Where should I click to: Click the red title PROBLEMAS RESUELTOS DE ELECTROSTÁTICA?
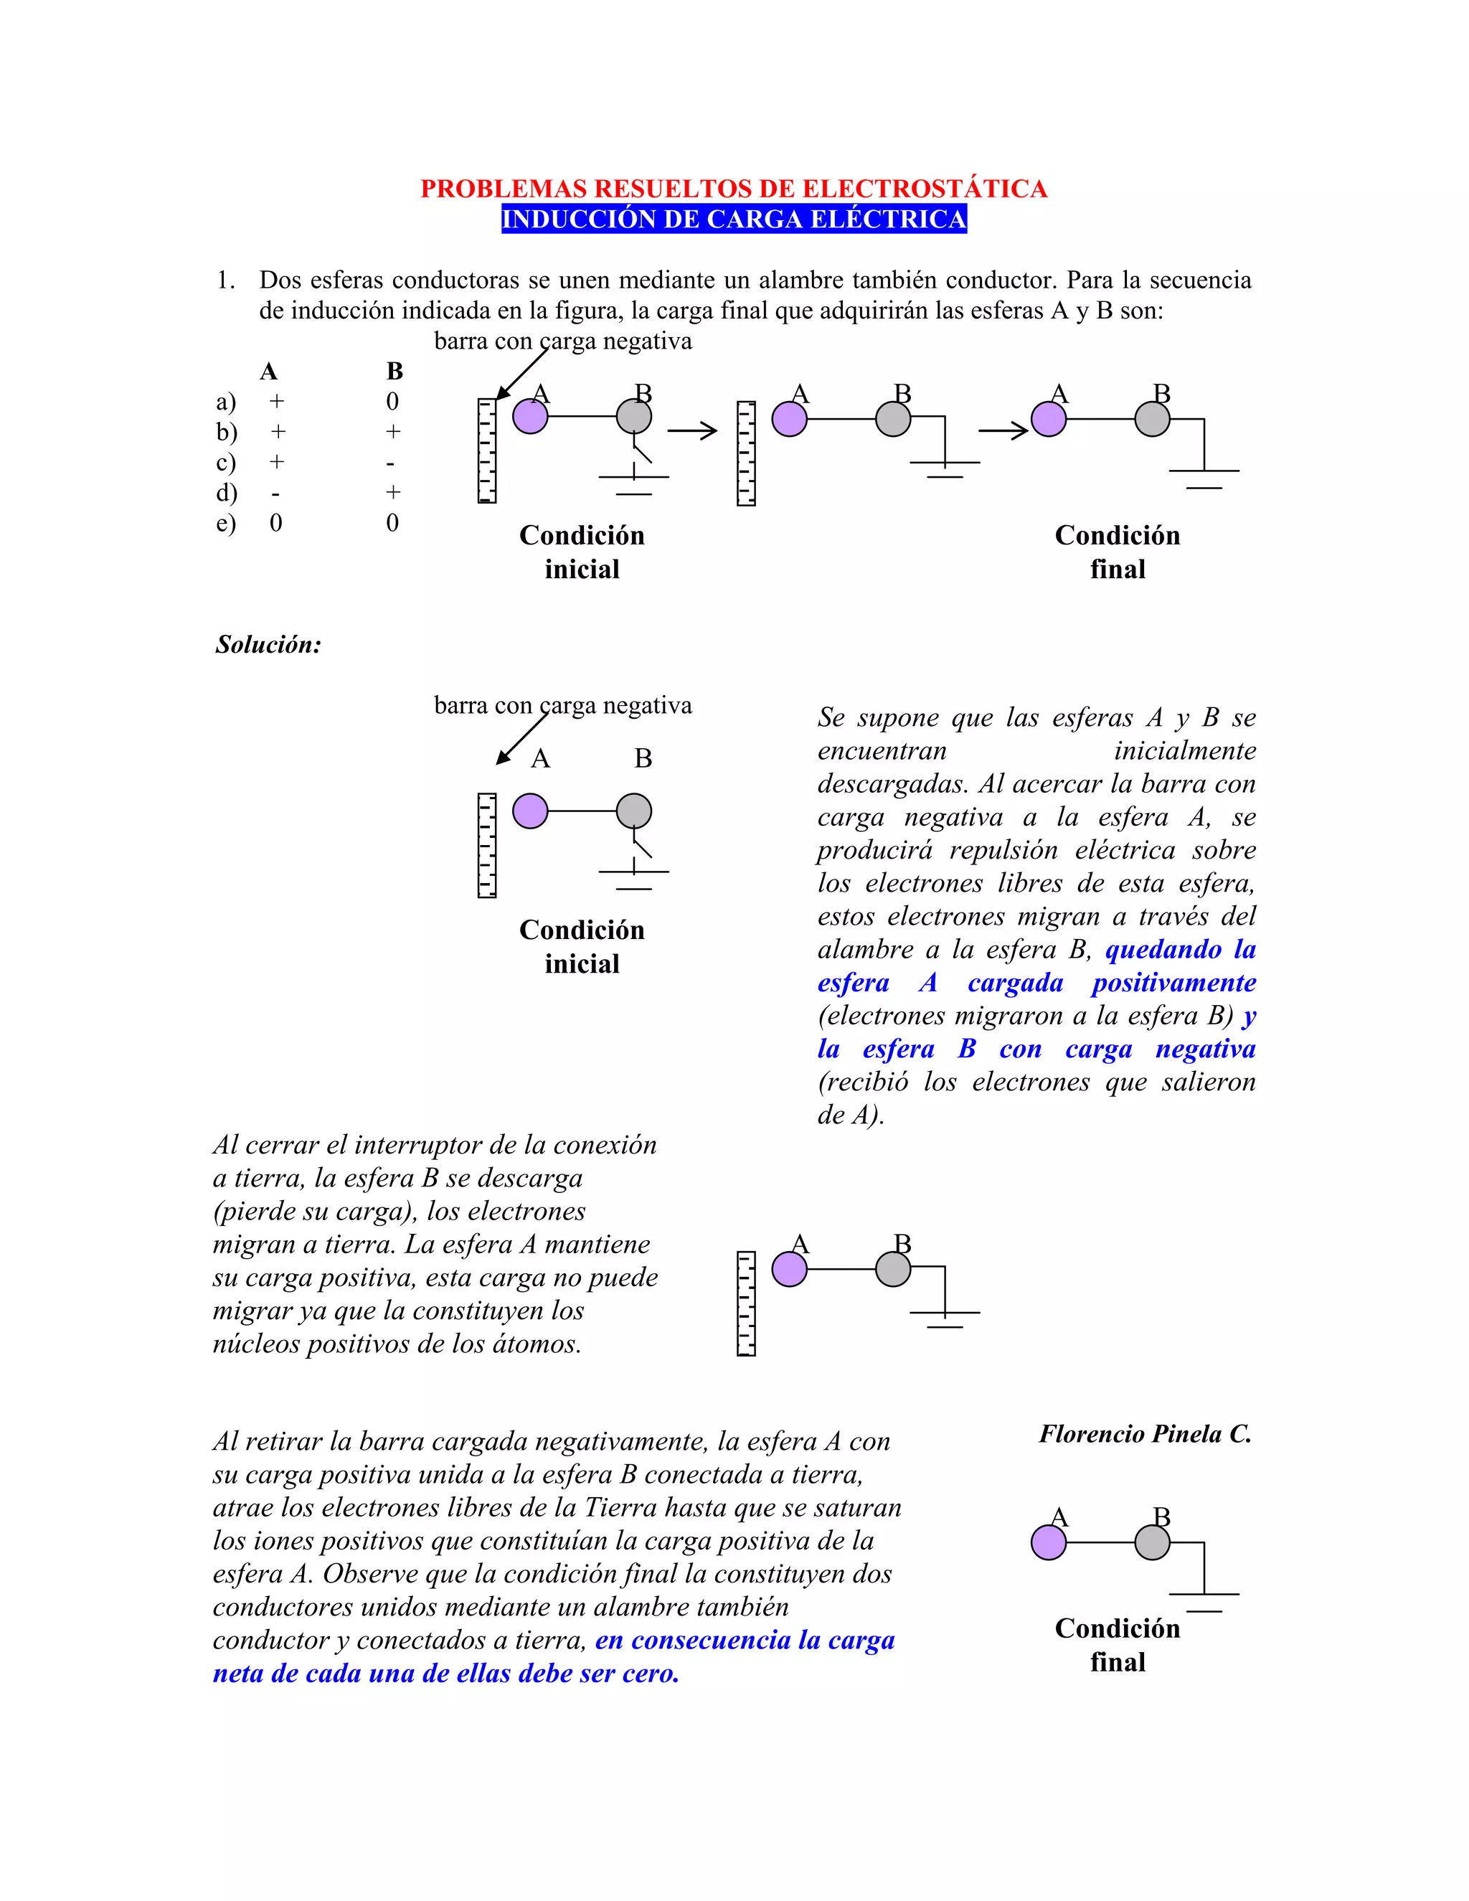734,189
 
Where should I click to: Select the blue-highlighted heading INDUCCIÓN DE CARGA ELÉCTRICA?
734,220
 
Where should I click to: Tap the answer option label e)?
225,523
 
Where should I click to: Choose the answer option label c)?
225,462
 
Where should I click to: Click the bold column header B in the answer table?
395,372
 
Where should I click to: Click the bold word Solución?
268,645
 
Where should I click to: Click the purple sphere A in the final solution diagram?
1048,1542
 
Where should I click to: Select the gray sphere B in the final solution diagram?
1152,1542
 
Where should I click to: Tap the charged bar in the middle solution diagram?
746,1303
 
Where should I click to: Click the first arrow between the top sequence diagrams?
693,430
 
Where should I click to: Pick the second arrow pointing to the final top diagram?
1003,430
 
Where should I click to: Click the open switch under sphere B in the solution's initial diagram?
641,845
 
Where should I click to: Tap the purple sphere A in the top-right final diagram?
1048,419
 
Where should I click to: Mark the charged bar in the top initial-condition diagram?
486,451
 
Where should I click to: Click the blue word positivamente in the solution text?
1173,983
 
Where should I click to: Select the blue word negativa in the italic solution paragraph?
1205,1049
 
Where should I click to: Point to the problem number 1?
225,280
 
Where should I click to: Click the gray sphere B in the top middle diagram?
893,419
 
